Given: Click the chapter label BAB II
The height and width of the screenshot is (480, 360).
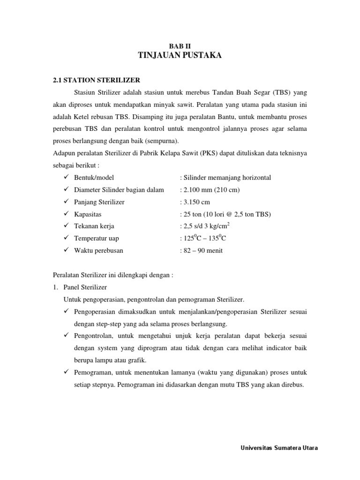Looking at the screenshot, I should [180, 46].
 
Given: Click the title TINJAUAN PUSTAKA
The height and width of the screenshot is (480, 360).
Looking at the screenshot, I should [180, 56].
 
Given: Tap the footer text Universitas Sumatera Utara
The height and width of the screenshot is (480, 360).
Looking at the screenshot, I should [279, 448].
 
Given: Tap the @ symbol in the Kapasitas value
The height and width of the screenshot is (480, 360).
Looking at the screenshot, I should [228, 214].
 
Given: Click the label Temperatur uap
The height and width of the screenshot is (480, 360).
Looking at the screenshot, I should [96, 238].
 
